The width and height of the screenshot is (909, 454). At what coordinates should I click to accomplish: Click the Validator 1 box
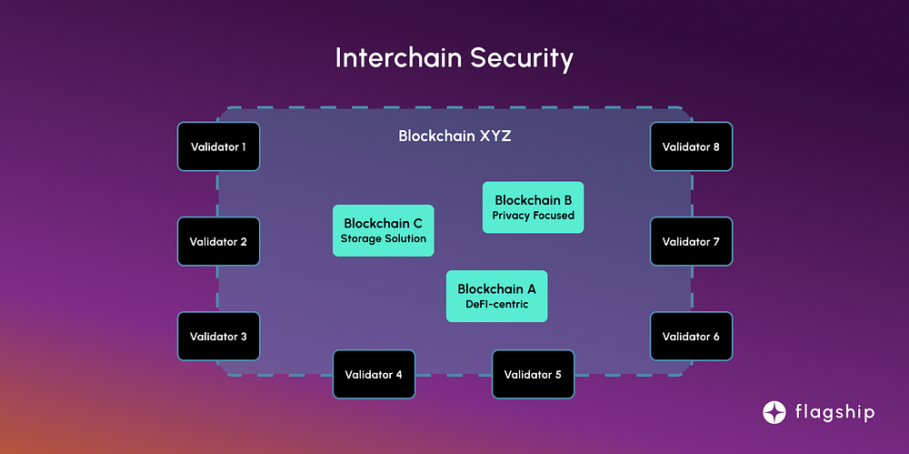[218, 146]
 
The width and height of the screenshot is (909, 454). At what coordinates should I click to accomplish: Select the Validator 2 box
[218, 241]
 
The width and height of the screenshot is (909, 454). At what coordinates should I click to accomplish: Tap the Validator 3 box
[218, 336]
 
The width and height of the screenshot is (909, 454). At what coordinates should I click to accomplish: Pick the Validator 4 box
[374, 374]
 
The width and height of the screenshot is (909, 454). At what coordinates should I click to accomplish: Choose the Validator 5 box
[534, 374]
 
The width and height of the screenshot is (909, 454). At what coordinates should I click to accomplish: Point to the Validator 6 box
[691, 336]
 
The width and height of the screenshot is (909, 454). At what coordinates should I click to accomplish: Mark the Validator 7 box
[691, 241]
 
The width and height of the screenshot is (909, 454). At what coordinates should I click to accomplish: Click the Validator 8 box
[691, 146]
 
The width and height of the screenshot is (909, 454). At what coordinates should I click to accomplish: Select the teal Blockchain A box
[497, 296]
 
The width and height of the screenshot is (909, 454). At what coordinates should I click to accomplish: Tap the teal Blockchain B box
[534, 207]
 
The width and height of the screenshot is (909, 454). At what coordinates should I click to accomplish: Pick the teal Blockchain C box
[384, 230]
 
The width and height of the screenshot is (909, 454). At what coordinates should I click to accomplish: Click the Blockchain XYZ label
[454, 136]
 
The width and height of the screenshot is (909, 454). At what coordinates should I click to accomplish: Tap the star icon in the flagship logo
[774, 412]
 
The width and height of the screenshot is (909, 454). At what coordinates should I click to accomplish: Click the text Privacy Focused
[534, 216]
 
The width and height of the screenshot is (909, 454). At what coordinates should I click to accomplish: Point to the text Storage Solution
[384, 238]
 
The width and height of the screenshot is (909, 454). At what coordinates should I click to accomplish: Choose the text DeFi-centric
[497, 304]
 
